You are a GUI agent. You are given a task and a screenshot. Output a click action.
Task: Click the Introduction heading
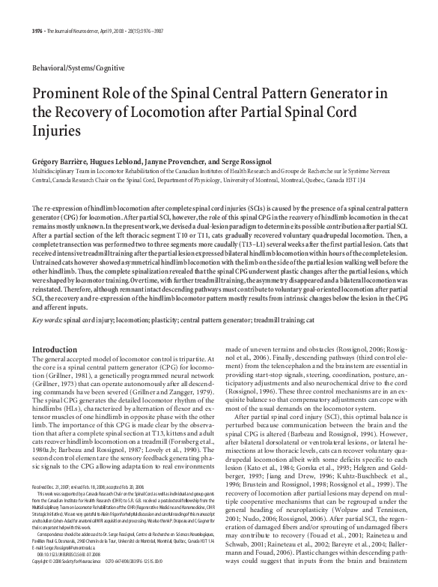click(56, 350)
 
